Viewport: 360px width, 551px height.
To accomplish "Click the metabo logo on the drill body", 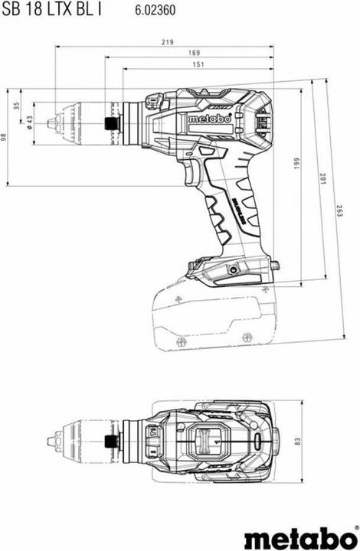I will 208,119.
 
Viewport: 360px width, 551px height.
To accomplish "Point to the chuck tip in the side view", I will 51,122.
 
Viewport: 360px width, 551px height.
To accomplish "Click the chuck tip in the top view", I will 51,442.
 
